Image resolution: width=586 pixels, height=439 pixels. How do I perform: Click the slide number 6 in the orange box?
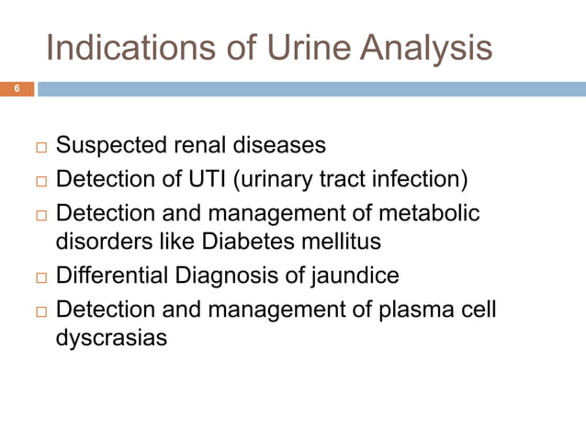(x=17, y=89)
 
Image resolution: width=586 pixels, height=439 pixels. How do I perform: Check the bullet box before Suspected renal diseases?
(x=40, y=146)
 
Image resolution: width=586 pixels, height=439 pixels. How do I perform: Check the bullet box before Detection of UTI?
(x=40, y=179)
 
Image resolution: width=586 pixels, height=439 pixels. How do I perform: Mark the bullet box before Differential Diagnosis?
(x=40, y=276)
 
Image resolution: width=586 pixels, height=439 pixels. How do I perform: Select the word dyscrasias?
(x=112, y=338)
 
